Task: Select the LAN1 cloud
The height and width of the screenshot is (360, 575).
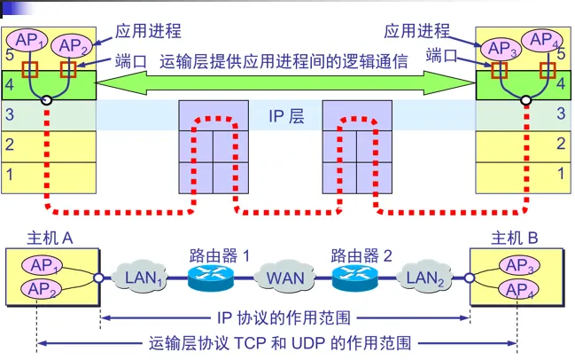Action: (144, 278)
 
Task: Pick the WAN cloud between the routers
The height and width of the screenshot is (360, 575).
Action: (285, 278)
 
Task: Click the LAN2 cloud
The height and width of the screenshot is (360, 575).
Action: (426, 278)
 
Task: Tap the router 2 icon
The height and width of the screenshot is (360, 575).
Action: (354, 278)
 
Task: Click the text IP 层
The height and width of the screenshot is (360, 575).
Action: (286, 115)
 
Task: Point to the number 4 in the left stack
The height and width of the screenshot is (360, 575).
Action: (10, 86)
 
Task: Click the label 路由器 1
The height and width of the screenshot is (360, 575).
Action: (219, 255)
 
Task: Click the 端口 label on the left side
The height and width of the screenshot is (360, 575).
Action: (130, 62)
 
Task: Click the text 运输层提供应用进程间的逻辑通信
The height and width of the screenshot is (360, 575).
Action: (284, 62)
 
